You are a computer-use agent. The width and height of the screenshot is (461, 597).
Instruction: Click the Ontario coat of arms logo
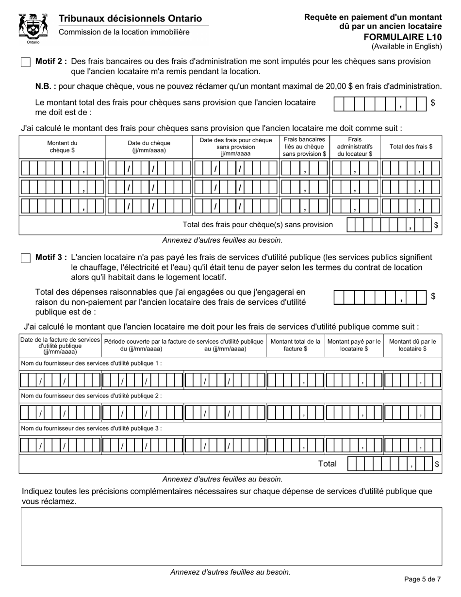click(33, 28)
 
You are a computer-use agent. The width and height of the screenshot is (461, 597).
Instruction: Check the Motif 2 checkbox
click(26, 62)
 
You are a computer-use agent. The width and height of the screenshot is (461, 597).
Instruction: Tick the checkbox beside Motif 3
click(26, 258)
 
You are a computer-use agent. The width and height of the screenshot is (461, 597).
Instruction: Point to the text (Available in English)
click(407, 47)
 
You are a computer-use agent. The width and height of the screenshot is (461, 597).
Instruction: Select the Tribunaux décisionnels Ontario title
click(130, 18)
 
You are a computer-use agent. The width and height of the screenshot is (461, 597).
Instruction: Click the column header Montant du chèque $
click(62, 147)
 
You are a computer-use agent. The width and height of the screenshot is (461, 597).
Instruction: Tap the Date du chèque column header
click(149, 147)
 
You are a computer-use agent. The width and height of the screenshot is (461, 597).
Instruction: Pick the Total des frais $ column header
click(411, 147)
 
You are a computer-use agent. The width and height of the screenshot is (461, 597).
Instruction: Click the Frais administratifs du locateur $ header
click(355, 147)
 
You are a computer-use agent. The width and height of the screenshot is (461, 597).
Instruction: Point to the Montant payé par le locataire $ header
click(354, 345)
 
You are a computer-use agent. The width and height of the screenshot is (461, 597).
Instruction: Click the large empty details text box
click(231, 536)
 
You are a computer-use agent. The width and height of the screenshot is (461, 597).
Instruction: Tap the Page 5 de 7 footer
click(422, 579)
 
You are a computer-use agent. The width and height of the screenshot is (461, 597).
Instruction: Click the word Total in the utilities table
click(327, 464)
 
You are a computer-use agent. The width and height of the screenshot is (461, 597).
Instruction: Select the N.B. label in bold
click(46, 86)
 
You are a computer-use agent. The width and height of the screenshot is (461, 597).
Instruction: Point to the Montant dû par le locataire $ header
click(412, 345)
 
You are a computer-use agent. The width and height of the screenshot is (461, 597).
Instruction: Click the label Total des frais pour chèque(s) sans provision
click(257, 225)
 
